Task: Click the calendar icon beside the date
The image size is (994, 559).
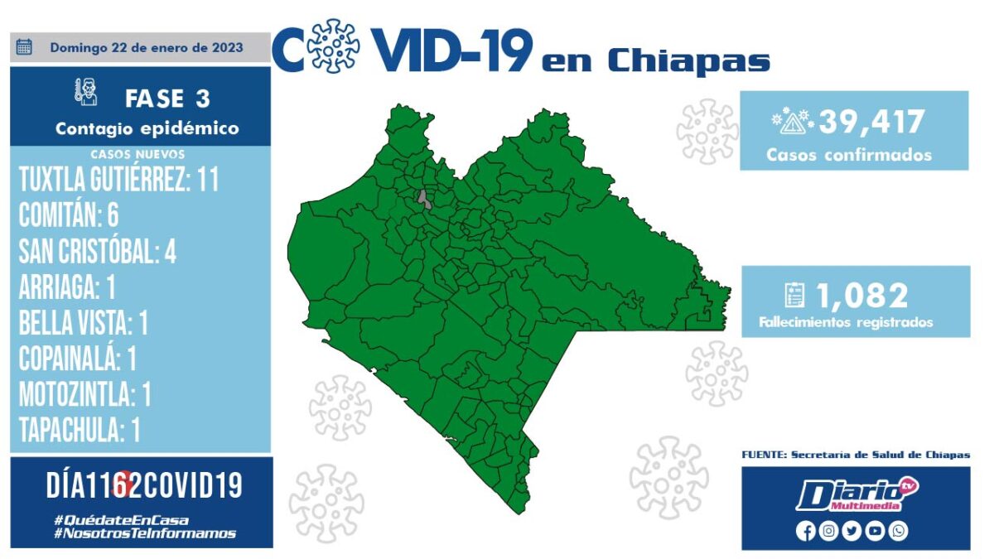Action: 24,46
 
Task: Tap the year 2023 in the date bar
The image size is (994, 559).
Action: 227,47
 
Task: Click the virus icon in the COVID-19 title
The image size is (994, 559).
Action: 333,46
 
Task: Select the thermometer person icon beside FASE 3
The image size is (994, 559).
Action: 86,92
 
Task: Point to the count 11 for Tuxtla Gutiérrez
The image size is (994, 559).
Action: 208,179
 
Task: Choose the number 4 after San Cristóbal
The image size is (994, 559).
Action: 171,252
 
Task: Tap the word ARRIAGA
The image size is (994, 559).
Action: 59,287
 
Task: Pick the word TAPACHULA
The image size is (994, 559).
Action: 71,430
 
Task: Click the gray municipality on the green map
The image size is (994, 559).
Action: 424,200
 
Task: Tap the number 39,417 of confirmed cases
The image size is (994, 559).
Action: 871,122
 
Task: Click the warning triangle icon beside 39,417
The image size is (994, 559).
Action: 792,121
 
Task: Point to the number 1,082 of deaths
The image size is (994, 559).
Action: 862,296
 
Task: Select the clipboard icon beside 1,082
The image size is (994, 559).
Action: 794,295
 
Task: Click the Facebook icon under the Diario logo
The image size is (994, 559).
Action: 805,531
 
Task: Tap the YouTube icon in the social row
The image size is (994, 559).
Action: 875,531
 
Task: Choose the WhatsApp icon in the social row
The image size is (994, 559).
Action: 898,531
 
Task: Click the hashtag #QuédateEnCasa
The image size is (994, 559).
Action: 121,520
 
